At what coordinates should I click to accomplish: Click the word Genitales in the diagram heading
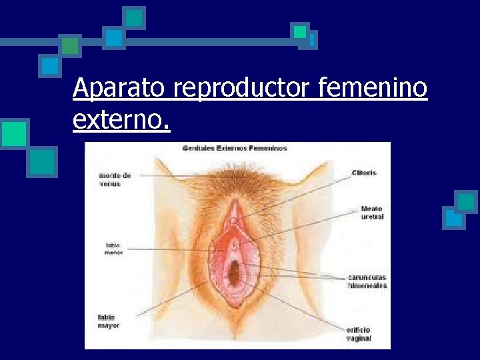point(199,148)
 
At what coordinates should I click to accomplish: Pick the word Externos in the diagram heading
point(233,148)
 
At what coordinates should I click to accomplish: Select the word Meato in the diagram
point(372,209)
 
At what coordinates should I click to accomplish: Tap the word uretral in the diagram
point(372,217)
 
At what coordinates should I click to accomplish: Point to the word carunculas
point(367,277)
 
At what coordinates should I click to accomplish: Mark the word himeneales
point(367,285)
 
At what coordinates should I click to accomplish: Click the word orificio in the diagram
point(359,330)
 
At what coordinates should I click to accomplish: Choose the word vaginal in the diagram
point(359,338)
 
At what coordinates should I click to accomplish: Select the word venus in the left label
point(110,183)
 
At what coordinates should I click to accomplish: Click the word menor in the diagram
point(113,253)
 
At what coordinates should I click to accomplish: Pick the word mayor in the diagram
point(109,325)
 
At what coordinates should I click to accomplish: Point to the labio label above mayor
point(106,317)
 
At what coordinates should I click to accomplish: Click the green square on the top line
point(70,45)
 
